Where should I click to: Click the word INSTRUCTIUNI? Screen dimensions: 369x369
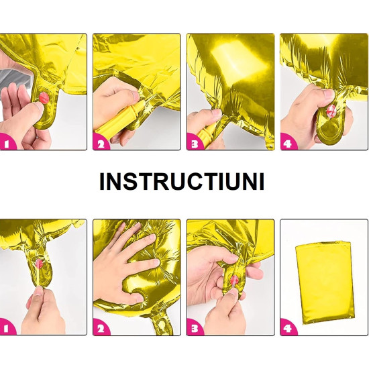pos(181,182)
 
